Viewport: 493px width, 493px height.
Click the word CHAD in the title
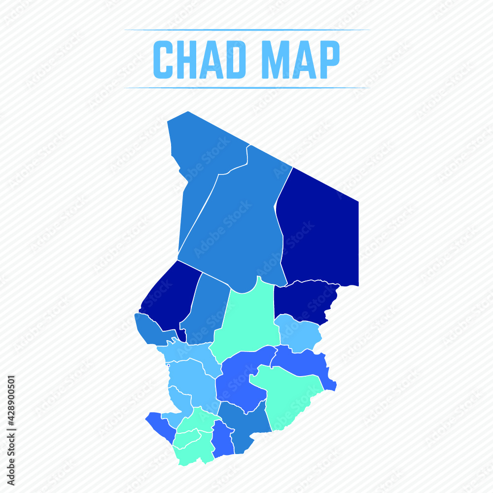click(x=200, y=60)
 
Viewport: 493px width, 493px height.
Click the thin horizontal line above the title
click(x=246, y=30)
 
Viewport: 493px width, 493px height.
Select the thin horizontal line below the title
click(x=246, y=88)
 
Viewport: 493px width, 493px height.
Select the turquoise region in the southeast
click(x=286, y=394)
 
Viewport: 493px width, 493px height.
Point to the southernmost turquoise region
click(x=195, y=449)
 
